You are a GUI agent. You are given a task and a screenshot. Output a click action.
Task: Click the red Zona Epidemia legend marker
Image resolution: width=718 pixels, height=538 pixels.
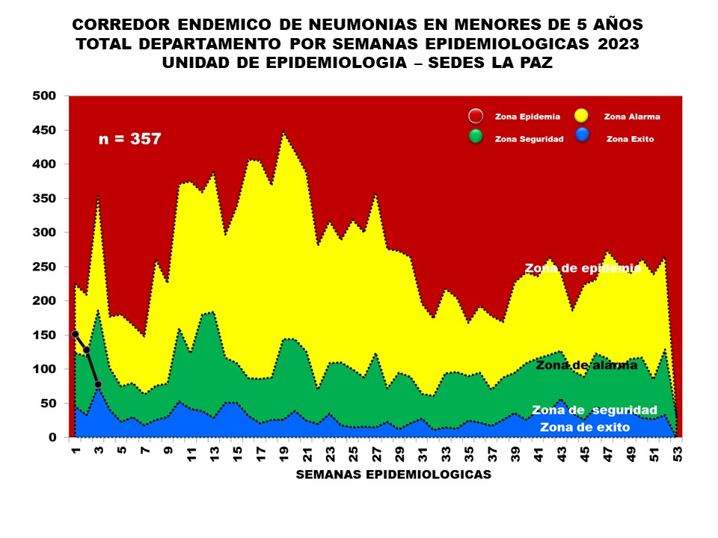coord(476,117)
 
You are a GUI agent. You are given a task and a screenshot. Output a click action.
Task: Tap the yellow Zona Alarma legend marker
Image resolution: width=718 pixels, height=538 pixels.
coord(580,117)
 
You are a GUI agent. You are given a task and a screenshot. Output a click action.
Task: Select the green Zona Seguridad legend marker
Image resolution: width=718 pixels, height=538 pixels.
coord(476,137)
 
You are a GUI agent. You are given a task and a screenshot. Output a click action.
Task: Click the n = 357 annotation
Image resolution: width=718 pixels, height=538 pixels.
coord(130,139)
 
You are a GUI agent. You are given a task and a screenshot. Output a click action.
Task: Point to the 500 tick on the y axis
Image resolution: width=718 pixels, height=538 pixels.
coord(45,96)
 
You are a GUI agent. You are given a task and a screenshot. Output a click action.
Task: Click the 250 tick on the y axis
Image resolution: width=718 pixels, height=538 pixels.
coord(45,267)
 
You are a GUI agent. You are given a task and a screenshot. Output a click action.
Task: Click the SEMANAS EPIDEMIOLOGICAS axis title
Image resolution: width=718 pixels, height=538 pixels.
coord(394,474)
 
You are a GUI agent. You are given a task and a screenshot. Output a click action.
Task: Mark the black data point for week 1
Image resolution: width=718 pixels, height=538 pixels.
coord(75,334)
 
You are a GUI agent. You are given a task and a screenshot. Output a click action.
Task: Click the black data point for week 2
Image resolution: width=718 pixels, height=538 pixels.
coord(87,350)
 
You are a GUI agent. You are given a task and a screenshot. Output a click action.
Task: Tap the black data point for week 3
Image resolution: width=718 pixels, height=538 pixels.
coord(98,384)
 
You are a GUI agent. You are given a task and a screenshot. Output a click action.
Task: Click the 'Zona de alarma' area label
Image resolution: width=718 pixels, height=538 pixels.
coord(586,365)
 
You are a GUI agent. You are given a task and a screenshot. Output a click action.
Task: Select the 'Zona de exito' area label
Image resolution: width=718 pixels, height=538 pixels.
coord(585,427)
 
